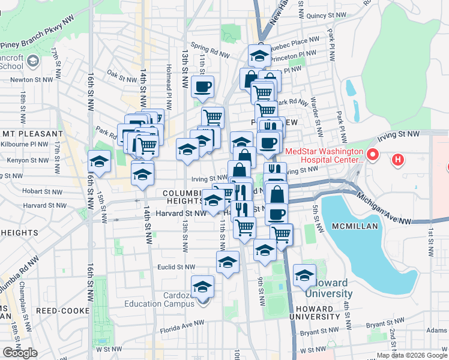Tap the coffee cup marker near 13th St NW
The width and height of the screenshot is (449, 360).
[x=202, y=86]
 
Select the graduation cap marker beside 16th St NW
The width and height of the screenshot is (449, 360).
[x=100, y=162]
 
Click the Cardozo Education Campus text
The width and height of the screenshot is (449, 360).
[x=194, y=300]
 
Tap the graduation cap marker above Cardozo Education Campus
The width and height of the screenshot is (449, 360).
[x=202, y=286]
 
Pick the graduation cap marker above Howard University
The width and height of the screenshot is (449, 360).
[x=305, y=275]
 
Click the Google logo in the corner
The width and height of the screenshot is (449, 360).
[x=20, y=353]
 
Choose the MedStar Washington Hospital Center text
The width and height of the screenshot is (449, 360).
[x=324, y=156]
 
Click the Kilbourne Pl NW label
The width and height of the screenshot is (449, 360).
[x=28, y=145]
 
